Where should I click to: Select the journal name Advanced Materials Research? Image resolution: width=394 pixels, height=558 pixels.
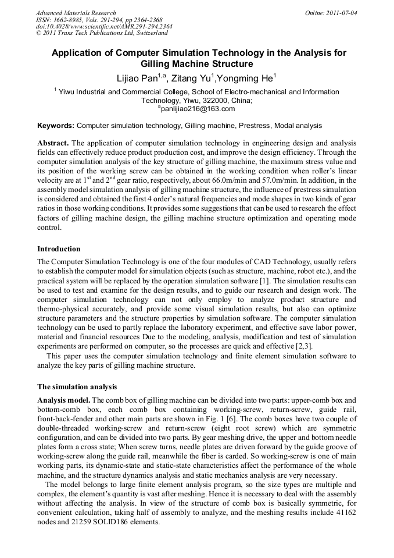coord(76,12)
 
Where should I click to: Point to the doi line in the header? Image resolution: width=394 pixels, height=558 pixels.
coord(103,26)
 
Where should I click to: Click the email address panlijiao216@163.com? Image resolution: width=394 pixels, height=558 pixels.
coord(197,108)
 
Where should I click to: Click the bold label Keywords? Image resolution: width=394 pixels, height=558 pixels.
coord(56,125)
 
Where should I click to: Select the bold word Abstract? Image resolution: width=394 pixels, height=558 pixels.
coord(53,143)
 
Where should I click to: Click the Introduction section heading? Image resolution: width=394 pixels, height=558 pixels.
coord(59,248)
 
